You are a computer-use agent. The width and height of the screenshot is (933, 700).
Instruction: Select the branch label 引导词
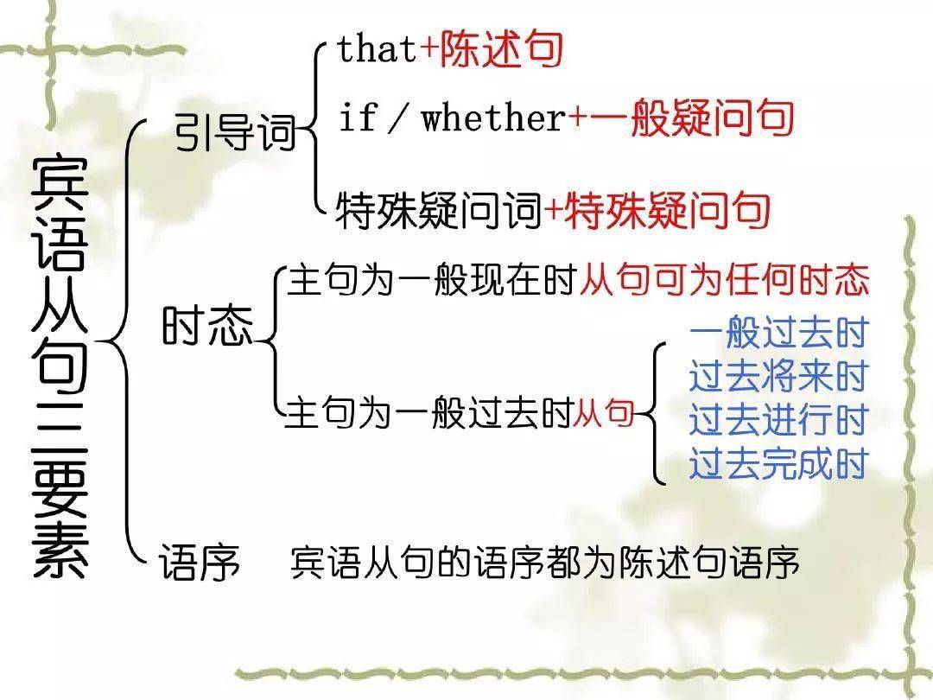point(234,134)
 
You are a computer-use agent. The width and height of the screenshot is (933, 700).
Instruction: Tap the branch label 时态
point(207,329)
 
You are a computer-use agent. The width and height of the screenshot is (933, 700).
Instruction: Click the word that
point(378,49)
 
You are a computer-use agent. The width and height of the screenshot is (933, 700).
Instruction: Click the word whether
point(492,118)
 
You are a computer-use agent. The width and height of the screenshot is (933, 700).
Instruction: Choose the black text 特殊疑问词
point(439,210)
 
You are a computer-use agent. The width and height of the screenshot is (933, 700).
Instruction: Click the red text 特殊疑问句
point(666,210)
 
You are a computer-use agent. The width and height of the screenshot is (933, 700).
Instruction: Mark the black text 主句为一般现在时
point(432,281)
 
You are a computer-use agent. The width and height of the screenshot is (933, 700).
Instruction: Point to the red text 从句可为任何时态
point(724,281)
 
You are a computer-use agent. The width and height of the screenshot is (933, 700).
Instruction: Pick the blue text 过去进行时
point(778,422)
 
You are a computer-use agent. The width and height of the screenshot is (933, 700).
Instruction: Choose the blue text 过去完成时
point(778,465)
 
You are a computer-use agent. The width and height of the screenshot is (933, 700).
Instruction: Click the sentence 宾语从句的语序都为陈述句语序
point(545,563)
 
